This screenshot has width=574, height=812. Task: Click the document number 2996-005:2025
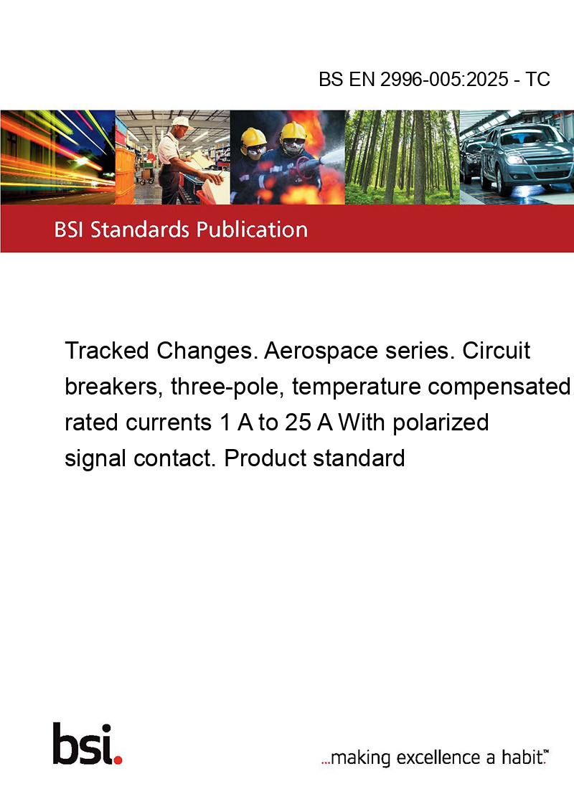(x=444, y=79)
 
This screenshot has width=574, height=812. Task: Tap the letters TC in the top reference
(x=537, y=79)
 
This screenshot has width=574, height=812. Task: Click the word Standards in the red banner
(x=140, y=230)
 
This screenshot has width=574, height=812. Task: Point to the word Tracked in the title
(x=107, y=351)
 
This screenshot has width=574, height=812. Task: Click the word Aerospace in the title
(x=321, y=351)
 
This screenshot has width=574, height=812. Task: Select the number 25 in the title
(x=297, y=422)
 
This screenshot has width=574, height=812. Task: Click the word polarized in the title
(x=441, y=422)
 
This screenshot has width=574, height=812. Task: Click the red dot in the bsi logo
(x=118, y=760)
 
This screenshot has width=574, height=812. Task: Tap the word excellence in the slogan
(x=438, y=757)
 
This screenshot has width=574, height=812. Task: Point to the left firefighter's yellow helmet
(x=253, y=137)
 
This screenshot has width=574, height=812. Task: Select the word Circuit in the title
(x=496, y=351)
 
